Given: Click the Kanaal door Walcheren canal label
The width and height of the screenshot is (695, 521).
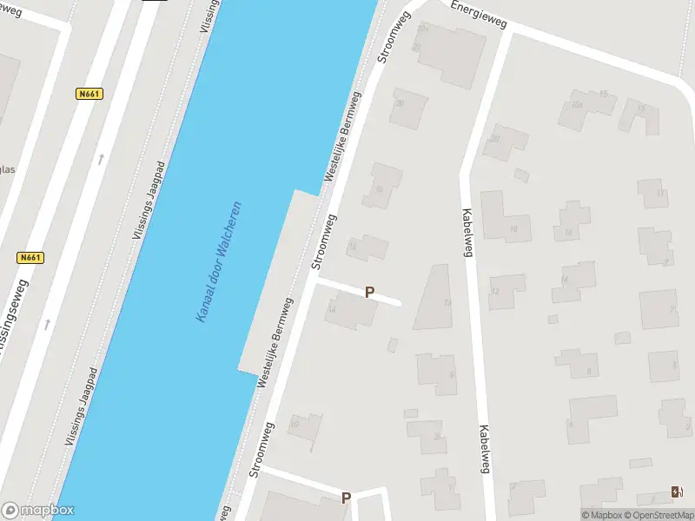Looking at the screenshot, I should [x=218, y=262].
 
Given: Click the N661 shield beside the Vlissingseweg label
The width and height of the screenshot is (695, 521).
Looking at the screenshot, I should [x=30, y=258].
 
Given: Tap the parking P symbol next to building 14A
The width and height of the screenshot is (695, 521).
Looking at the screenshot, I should [x=369, y=293].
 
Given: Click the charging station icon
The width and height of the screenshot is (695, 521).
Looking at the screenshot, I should [x=677, y=492].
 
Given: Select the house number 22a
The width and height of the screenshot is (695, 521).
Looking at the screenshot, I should [x=423, y=30].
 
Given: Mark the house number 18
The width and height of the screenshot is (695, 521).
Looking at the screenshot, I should [x=514, y=229].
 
